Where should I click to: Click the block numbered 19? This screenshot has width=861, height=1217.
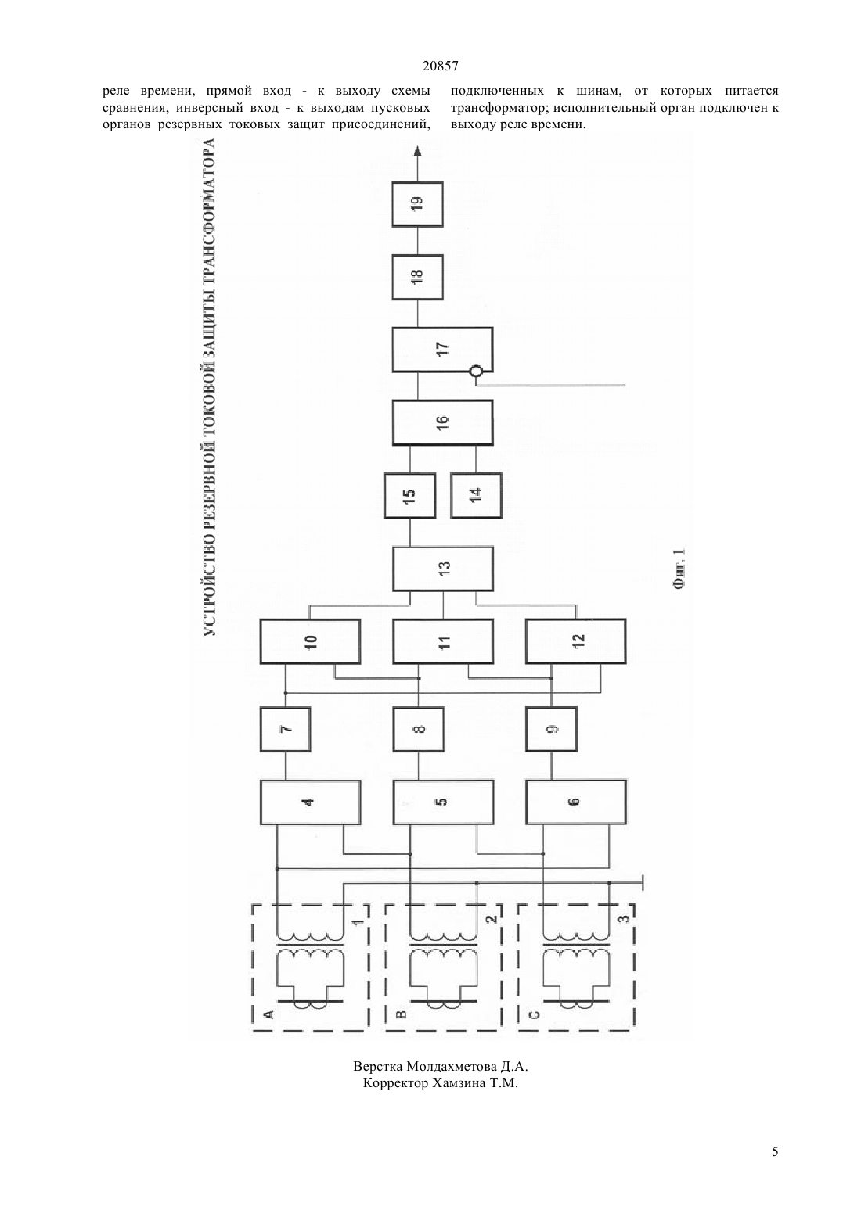pyautogui.click(x=417, y=204)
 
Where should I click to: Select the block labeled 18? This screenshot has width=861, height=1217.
pyautogui.click(x=417, y=277)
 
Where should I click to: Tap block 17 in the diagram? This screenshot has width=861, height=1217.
pyautogui.click(x=442, y=350)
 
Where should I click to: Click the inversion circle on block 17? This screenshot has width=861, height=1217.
pyautogui.click(x=476, y=372)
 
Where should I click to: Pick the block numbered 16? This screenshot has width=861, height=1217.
pyautogui.click(x=442, y=422)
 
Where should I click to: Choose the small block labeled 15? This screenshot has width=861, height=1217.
pyautogui.click(x=410, y=496)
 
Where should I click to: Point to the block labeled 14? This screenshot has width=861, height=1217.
pyautogui.click(x=476, y=496)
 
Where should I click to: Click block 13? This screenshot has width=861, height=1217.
pyautogui.click(x=443, y=569)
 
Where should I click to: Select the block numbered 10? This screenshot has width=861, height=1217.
pyautogui.click(x=311, y=641)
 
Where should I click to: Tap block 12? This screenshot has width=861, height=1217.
pyautogui.click(x=575, y=641)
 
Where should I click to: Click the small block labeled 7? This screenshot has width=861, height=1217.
pyautogui.click(x=286, y=730)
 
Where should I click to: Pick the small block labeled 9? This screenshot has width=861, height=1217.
pyautogui.click(x=551, y=730)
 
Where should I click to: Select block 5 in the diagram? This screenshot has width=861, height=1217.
pyautogui.click(x=443, y=802)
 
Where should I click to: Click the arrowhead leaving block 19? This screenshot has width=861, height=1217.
pyautogui.click(x=417, y=151)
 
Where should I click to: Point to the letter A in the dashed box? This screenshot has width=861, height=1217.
pyautogui.click(x=268, y=1014)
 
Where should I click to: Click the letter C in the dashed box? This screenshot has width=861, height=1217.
pyautogui.click(x=534, y=1014)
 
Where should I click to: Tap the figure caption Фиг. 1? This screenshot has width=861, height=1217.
pyautogui.click(x=679, y=569)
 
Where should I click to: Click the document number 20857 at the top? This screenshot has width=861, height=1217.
pyautogui.click(x=440, y=66)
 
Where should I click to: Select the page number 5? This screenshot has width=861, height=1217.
pyautogui.click(x=775, y=1151)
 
